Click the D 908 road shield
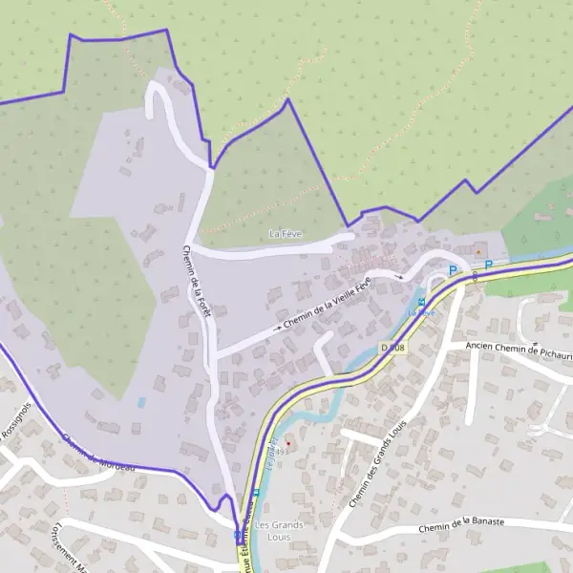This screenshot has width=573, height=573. [x=393, y=347]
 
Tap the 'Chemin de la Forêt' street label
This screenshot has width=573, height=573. [x=195, y=282]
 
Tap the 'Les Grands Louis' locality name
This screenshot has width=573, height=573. [x=280, y=531]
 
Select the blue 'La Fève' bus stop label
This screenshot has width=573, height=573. [x=421, y=312]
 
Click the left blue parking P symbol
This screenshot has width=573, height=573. [x=453, y=270]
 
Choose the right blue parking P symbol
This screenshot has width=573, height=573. [x=488, y=265]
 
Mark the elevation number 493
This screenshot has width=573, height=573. [x=281, y=452]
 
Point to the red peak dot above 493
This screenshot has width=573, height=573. [x=287, y=443]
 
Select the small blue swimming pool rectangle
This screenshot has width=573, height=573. [x=141, y=403]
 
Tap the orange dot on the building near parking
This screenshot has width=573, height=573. [x=477, y=252]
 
